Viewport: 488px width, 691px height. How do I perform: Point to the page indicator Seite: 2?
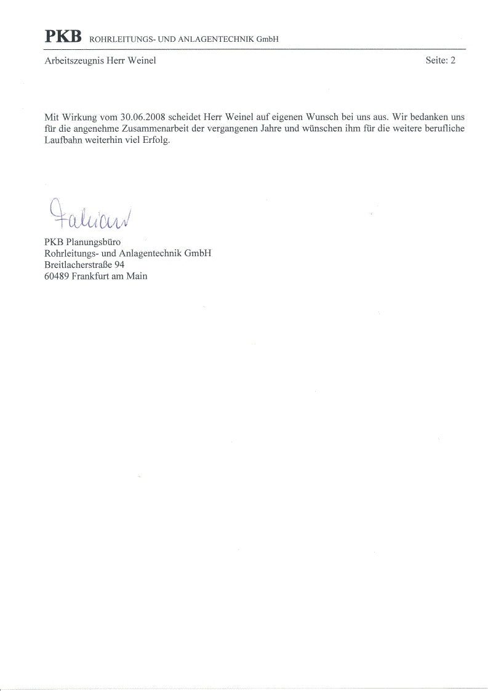(440, 60)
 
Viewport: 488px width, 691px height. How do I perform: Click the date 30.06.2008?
(143, 116)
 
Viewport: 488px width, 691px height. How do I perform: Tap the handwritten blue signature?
(89, 214)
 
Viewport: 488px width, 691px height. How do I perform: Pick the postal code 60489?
(57, 276)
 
